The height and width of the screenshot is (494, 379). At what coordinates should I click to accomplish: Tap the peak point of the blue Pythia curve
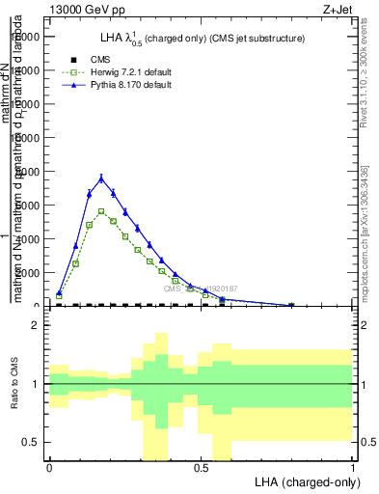pyautogui.click(x=101, y=178)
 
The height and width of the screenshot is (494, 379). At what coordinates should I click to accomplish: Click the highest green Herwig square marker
pyautogui.click(x=101, y=210)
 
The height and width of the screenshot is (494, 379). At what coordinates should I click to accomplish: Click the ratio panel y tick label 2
pyautogui.click(x=36, y=326)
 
